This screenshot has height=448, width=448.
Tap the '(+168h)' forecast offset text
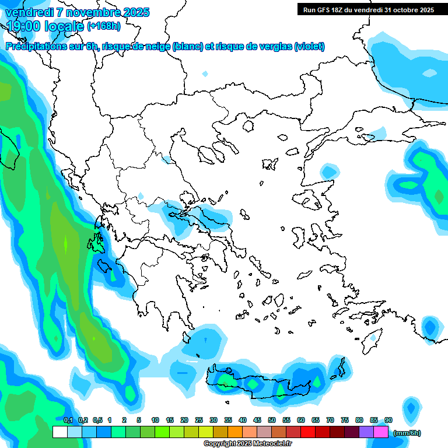104,26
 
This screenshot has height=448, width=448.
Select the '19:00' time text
24,26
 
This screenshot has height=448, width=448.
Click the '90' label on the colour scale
388,420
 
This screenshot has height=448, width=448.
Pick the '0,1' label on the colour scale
68,420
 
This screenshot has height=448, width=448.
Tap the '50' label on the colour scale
272,420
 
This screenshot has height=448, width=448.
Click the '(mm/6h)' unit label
407,433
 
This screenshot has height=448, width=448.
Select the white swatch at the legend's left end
60,432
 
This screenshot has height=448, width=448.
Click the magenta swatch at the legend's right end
380,432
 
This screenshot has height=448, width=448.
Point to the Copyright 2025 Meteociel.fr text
248,443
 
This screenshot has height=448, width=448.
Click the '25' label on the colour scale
199,420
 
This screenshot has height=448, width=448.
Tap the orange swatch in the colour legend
235,432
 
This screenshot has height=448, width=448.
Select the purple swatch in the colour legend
366,432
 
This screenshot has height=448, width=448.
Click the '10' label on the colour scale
155,420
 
